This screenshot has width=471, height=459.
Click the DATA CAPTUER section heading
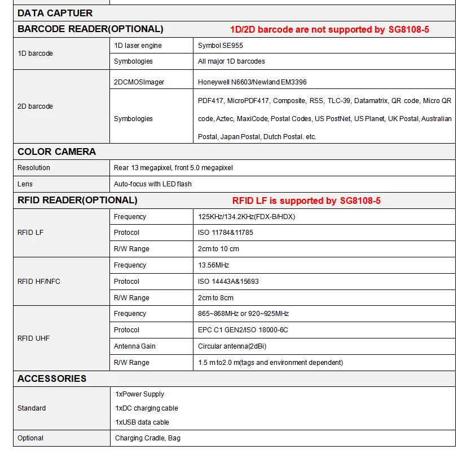55,13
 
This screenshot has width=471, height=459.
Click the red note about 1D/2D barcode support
329,29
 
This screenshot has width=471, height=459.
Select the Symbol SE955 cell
221,45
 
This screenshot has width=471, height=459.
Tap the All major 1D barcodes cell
231,61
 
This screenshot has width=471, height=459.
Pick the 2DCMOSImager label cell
139,82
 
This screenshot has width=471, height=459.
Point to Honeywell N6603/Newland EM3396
252,82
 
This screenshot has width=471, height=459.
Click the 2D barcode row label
35,106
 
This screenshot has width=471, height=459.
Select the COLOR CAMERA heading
56,151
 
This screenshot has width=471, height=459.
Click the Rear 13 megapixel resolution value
173,167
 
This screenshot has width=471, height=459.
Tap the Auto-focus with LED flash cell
152,184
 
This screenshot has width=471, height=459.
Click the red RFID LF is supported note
306,200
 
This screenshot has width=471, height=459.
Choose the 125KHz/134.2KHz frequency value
246,216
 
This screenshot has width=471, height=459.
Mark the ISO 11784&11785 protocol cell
225,232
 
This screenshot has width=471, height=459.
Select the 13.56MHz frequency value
213,265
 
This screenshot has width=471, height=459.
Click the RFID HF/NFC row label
38,281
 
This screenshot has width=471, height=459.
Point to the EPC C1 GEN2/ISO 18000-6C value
243,329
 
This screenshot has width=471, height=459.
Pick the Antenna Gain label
134,346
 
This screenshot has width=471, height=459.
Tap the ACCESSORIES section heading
52,378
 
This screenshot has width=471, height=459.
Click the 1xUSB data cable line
142,422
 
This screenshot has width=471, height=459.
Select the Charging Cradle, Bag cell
148,438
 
